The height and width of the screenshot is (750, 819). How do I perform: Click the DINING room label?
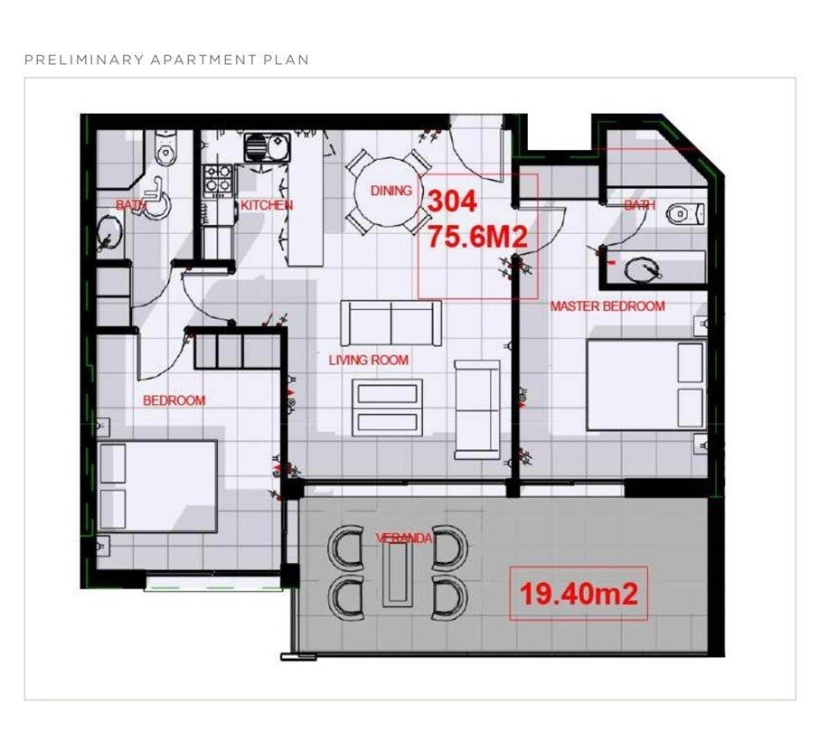(391, 191)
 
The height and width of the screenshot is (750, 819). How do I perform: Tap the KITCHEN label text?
(267, 205)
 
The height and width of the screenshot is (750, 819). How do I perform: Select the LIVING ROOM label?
(369, 360)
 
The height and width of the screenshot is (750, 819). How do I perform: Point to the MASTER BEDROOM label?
(608, 306)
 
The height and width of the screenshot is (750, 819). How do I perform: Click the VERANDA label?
(404, 538)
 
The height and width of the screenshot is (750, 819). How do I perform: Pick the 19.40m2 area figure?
(579, 594)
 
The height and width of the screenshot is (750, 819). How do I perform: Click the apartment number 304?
(452, 202)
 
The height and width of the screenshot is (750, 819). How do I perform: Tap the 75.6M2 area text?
(477, 237)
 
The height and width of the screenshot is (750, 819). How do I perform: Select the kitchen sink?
(267, 146)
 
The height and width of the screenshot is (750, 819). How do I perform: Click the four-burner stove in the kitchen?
(218, 179)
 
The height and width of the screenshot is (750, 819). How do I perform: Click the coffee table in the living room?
(388, 408)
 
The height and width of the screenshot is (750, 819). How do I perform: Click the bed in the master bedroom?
(646, 385)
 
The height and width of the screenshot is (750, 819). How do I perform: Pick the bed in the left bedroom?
(157, 487)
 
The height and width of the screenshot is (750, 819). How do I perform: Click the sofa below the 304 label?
(391, 323)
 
